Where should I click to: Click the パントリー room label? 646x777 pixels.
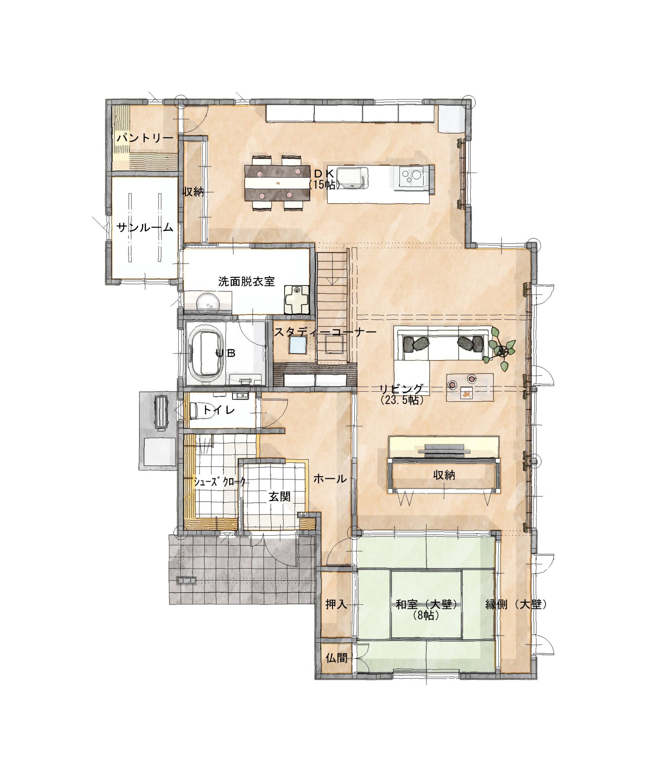tap(145, 138)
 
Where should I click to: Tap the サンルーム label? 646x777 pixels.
tap(145, 227)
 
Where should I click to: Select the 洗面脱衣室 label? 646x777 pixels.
tap(247, 282)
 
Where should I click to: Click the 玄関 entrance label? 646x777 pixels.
tap(280, 497)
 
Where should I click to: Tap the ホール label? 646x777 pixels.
tap(330, 479)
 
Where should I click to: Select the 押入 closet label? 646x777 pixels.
tap(336, 604)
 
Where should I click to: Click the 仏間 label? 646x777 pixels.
tap(336, 658)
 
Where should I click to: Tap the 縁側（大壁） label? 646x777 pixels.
tap(516, 604)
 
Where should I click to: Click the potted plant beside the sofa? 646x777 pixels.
tap(500, 349)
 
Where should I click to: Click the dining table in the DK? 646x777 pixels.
tap(277, 183)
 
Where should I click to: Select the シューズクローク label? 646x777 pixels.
tap(220, 481)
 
